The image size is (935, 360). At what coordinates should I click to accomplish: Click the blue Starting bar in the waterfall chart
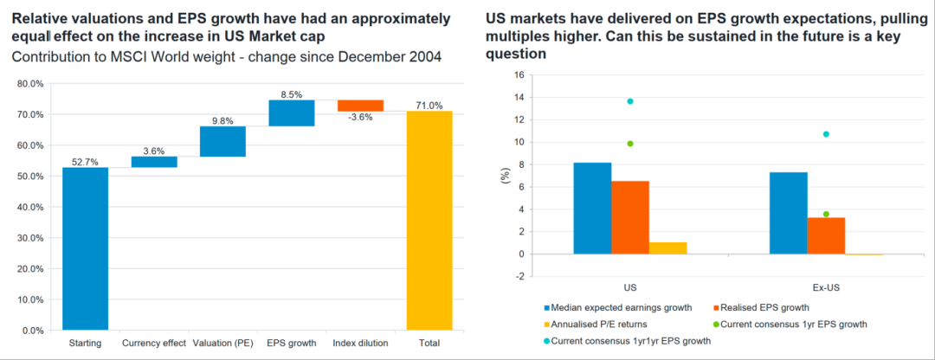(84, 248)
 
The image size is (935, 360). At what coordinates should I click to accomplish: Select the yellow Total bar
(429, 221)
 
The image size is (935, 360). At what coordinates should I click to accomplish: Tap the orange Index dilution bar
(360, 106)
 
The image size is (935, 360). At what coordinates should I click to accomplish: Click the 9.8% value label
(222, 120)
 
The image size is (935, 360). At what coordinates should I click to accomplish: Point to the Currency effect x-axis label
(153, 344)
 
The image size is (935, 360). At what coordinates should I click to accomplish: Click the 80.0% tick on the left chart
(29, 84)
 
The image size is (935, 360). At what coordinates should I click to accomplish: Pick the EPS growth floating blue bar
(291, 113)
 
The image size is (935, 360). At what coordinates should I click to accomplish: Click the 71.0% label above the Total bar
(429, 104)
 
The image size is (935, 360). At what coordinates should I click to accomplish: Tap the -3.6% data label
(359, 117)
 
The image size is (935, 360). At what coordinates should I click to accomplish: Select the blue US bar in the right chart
(592, 209)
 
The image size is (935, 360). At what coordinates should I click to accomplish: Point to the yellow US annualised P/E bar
(667, 248)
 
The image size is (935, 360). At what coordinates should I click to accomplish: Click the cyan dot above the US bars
(630, 101)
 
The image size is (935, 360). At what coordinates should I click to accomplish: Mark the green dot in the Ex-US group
(827, 214)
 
